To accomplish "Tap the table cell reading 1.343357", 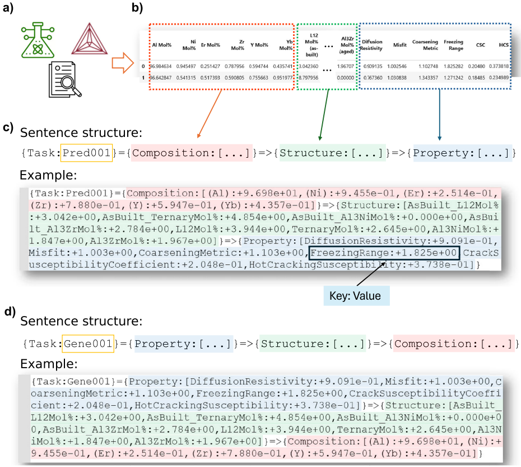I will [424, 77].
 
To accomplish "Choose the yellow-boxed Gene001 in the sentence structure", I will [88, 342].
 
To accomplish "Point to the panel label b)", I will [137, 8].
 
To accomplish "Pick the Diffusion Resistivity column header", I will [372, 45].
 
